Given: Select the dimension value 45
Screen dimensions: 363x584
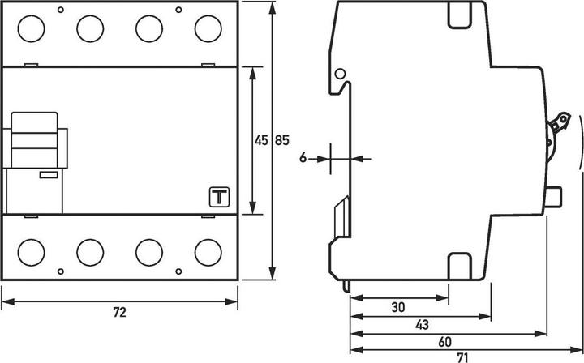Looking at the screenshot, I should coord(261,140).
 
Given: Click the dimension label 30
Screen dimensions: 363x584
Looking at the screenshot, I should coord(398,307).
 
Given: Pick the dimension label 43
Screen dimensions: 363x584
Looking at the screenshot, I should coord(421,324).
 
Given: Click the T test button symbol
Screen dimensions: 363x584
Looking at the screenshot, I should coord(220,197).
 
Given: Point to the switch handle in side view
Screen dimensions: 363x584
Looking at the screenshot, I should coord(559,128).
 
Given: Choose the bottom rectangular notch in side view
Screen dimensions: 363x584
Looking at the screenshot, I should coord(460,263).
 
